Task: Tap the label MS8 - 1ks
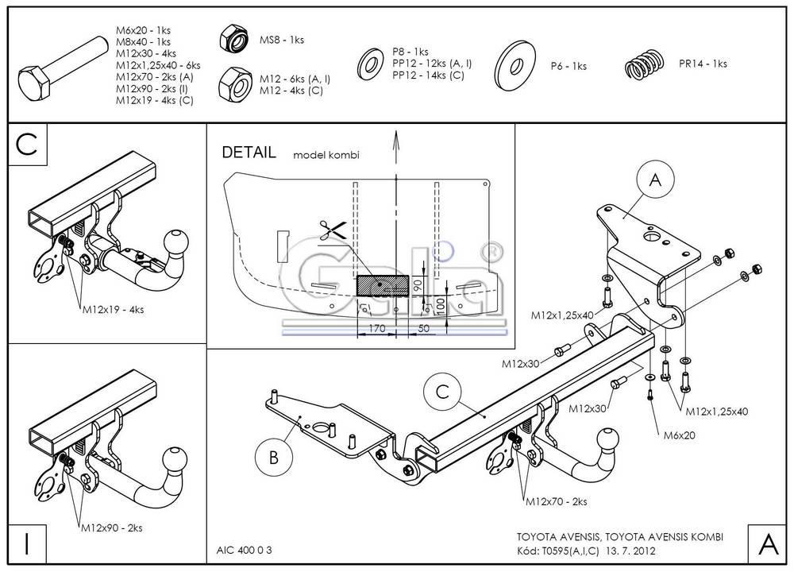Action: pos(282,40)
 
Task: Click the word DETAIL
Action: pos(249,153)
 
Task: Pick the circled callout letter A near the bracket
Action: pos(655,181)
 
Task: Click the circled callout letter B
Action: pos(273,457)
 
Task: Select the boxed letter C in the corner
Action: pos(27,145)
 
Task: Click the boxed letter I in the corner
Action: pos(27,543)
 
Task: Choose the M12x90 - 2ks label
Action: pos(111,527)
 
